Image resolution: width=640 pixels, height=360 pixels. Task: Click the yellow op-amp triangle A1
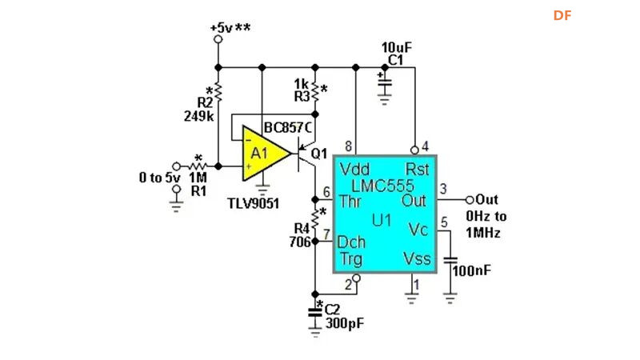(262, 154)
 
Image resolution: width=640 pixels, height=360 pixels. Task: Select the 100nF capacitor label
(472, 270)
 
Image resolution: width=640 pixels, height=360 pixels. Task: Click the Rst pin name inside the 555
(417, 169)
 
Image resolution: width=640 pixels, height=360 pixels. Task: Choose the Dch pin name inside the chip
(352, 241)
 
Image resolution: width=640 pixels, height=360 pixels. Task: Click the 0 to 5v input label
(159, 178)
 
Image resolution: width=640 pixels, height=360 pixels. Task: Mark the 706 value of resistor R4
(299, 241)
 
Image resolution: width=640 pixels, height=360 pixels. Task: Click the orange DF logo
(562, 15)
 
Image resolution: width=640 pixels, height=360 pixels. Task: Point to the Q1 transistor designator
(320, 153)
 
